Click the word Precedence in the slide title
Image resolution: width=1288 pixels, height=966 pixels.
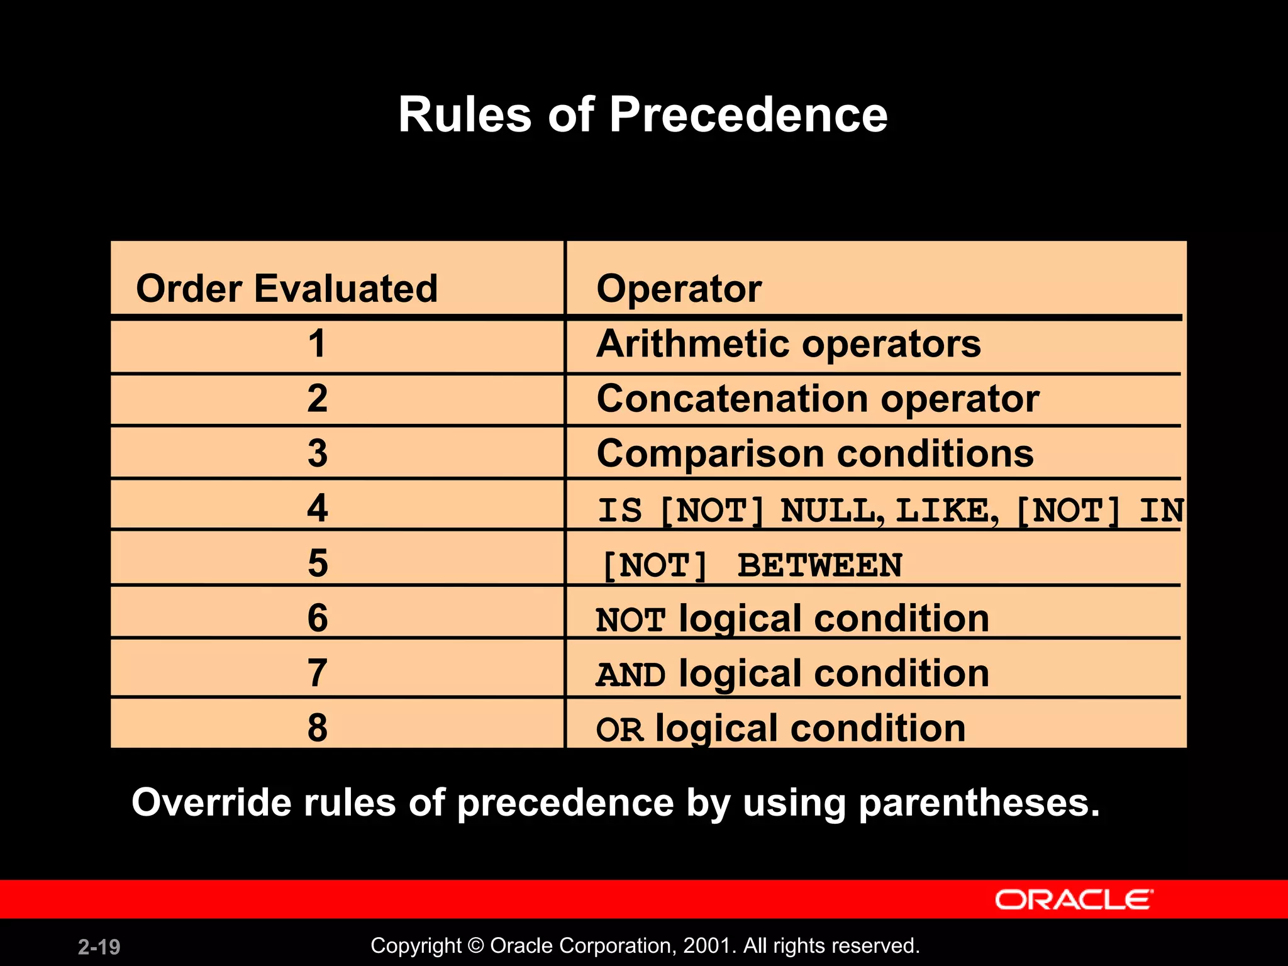[748, 114]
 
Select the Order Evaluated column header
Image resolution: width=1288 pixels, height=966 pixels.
[287, 289]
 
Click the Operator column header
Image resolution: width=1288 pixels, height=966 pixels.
[679, 289]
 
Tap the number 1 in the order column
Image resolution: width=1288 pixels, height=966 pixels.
[317, 344]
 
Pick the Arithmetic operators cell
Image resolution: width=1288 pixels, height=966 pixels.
[788, 344]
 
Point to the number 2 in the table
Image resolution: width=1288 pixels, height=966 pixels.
[317, 399]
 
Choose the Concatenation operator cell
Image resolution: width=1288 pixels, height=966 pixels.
[818, 399]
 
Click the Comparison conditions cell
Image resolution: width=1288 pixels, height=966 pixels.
[814, 453]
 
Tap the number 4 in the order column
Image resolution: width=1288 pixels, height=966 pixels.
[317, 508]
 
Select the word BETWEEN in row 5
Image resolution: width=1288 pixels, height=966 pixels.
[819, 565]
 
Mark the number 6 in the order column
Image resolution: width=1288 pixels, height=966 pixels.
[317, 618]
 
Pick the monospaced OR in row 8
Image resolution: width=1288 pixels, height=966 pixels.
[619, 730]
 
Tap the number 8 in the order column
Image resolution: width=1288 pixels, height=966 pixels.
[317, 728]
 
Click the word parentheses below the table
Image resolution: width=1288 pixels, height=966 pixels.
[979, 803]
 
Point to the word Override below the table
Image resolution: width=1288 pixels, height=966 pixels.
[211, 803]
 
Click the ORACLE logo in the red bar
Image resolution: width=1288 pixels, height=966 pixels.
[1074, 899]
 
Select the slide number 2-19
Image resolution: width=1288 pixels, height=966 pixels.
[99, 947]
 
